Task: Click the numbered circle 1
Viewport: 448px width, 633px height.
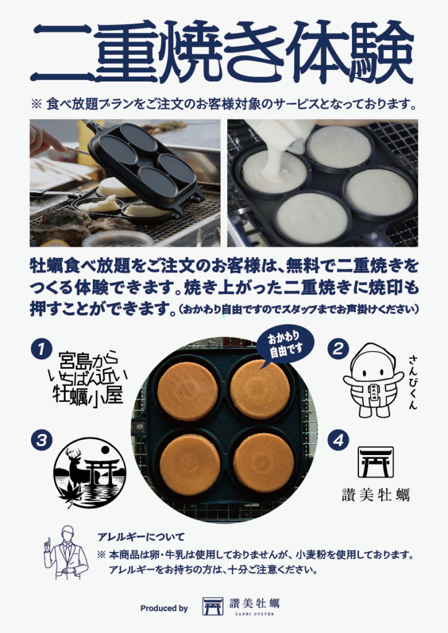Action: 41,349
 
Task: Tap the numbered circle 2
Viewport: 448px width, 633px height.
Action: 338,349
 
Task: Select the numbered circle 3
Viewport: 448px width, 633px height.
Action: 41,440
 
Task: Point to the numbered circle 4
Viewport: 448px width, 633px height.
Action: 338,440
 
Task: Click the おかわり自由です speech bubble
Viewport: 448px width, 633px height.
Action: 285,345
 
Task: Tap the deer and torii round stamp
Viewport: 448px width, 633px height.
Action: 90,472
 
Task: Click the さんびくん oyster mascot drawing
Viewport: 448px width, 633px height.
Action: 373,380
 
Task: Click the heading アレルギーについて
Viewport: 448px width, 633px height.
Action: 141,537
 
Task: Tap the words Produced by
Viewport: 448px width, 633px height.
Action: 164,608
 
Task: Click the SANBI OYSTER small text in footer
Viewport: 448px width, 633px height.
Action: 254,614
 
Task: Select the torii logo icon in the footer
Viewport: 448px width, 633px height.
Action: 213,606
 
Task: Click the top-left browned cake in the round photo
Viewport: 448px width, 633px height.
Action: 188,391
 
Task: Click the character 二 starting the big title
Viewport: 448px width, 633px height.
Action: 61,53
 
